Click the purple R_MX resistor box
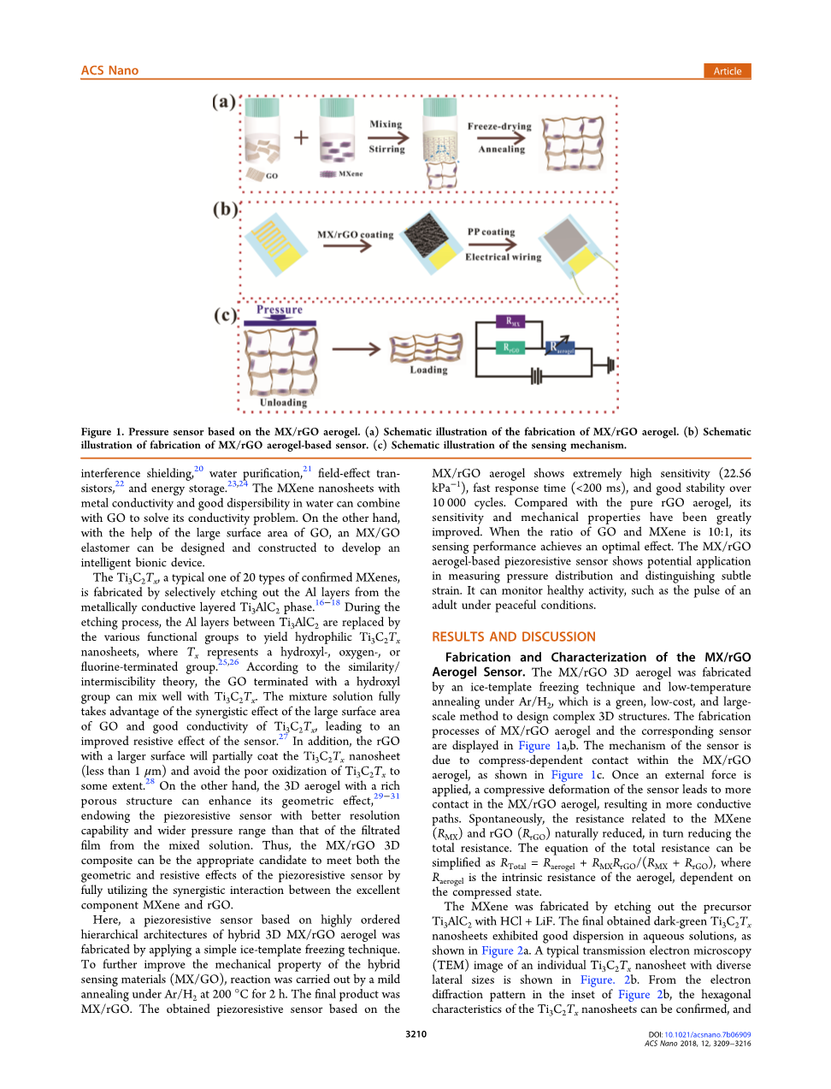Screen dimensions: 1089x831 click(x=513, y=323)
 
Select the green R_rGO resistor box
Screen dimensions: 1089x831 click(x=511, y=348)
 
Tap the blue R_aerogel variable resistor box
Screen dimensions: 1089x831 click(x=562, y=348)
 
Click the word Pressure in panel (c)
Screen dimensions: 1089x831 click(x=280, y=310)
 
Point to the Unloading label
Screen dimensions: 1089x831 click(x=283, y=402)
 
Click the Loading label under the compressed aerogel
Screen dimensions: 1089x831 click(x=428, y=370)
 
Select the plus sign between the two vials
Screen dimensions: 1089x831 click(x=301, y=137)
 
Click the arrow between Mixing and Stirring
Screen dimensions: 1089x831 click(x=387, y=137)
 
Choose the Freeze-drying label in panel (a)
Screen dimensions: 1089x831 click(x=499, y=126)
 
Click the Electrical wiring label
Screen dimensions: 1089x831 click(x=503, y=257)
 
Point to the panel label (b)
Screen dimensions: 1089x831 click(x=225, y=209)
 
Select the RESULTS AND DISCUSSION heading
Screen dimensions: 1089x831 click(x=514, y=636)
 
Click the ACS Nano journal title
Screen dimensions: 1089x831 click(x=109, y=70)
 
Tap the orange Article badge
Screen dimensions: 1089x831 click(x=728, y=71)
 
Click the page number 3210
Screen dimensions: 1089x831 click(x=415, y=1034)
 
